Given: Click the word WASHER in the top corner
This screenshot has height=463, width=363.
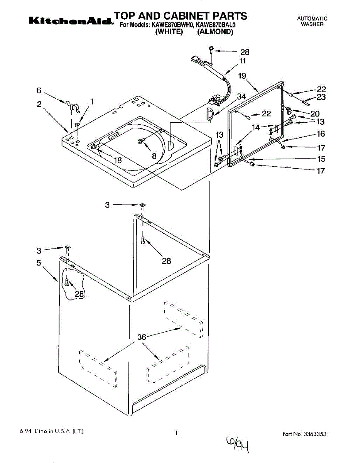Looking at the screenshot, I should (312, 24).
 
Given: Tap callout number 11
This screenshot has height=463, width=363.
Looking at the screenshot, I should (242, 61).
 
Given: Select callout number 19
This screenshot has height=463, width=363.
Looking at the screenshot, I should (242, 76).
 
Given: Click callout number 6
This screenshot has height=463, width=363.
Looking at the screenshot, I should (39, 90).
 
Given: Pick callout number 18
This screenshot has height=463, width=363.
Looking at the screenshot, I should (118, 161).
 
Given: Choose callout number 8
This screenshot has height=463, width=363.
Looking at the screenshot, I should (154, 156).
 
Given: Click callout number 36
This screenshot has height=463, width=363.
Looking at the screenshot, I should (142, 337).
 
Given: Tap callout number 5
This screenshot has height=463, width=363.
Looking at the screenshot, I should (39, 263).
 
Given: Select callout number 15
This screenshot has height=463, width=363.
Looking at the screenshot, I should (321, 159).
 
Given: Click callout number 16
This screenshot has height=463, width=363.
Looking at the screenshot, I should (321, 134).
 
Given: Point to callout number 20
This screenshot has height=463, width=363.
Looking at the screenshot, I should (315, 114).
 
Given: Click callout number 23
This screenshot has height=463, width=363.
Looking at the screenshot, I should (321, 97).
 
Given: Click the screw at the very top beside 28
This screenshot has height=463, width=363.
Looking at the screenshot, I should (211, 50).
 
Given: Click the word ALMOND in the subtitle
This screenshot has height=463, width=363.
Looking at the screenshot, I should (215, 32).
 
